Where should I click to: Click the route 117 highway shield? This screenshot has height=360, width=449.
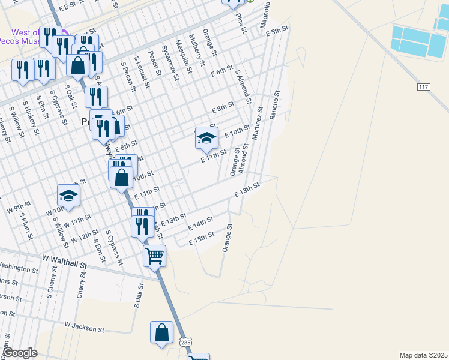424,87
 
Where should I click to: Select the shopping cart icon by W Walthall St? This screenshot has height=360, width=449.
154,256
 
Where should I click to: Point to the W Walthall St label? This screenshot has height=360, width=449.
64,262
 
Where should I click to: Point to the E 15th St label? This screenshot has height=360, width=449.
202,238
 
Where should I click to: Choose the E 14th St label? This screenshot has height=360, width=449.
200,224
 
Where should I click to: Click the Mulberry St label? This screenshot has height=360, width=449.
196,48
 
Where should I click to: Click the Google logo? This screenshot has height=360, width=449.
20,353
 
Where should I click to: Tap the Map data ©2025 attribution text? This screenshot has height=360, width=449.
423,355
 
